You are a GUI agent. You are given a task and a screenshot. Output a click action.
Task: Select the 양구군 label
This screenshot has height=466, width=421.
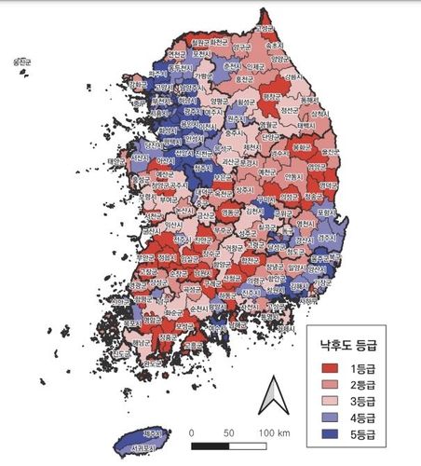tap(241, 47)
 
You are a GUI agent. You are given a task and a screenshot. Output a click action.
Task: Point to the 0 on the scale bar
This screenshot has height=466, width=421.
tap(191, 432)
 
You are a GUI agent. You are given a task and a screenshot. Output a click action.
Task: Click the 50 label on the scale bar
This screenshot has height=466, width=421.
tap(228, 432)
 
